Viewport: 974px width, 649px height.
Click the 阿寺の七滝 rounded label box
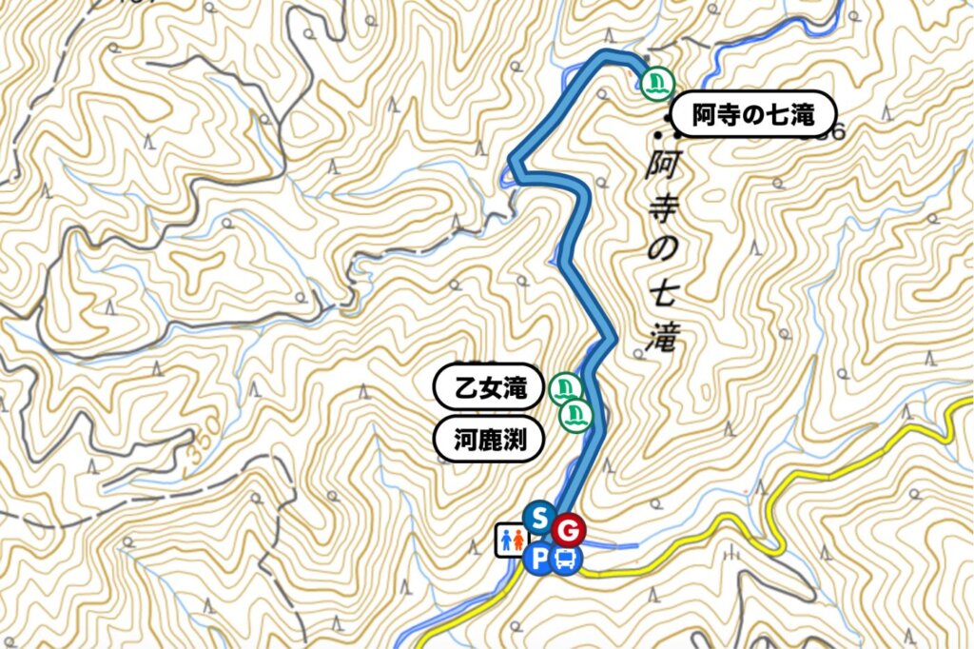(753, 116)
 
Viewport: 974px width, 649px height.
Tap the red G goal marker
(570, 529)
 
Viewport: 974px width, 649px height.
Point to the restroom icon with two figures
(510, 540)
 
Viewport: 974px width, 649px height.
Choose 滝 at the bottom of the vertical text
(660, 337)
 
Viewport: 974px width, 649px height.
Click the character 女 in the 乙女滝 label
(490, 388)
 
